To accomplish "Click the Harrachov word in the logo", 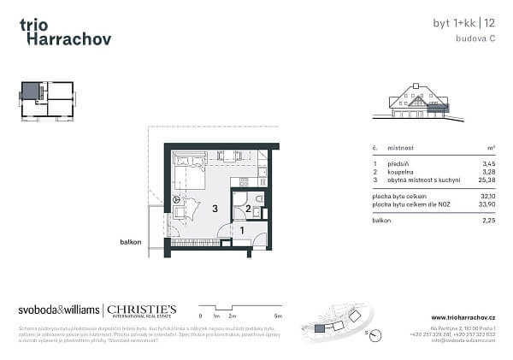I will coord(65,38).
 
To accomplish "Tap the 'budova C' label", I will coord(475,40).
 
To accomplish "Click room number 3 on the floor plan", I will coord(215,208).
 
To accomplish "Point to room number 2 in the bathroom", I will coord(248,208).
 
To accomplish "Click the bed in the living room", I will coord(188,171).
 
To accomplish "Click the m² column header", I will coord(490,147).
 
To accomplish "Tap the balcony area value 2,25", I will coord(487,221).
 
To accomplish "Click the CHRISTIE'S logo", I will coord(141,309).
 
